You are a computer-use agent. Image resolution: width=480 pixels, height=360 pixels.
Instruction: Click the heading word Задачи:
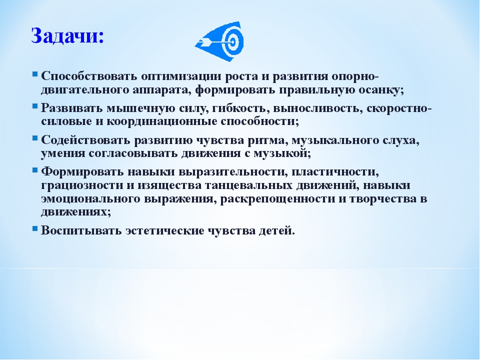[67, 36]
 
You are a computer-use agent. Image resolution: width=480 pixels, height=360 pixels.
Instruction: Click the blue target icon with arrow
[219, 41]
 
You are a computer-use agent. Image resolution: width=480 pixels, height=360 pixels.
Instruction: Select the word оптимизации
[181, 76]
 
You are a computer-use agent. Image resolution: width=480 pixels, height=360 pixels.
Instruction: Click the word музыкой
[280, 153]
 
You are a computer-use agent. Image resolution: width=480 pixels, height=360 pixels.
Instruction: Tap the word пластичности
[333, 171]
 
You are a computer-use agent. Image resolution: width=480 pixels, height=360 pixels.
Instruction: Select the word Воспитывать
[81, 230]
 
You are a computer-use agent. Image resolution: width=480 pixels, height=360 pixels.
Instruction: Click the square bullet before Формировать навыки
[35, 169]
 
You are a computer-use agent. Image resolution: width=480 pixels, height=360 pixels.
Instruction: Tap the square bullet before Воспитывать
[35, 228]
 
